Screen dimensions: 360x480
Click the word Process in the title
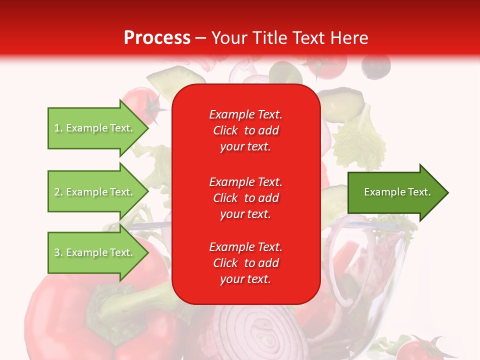pyautogui.click(x=157, y=38)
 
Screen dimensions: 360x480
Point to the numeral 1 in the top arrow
pyautogui.click(x=57, y=128)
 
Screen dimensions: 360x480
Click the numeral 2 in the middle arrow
pyautogui.click(x=57, y=192)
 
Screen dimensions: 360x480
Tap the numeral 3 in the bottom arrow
pyautogui.click(x=57, y=252)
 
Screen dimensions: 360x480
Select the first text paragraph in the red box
pyautogui.click(x=245, y=130)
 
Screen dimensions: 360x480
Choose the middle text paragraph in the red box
pyautogui.click(x=245, y=198)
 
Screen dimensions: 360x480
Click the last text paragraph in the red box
pyautogui.click(x=245, y=263)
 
